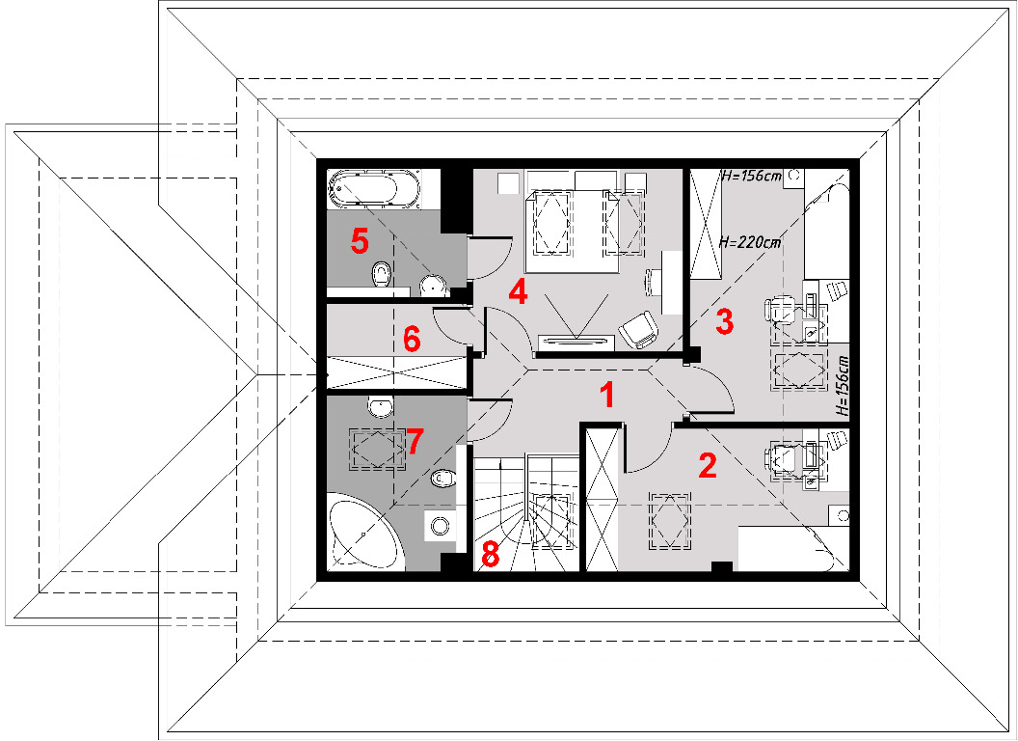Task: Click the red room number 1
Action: pos(607,395)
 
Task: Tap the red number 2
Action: pos(707,465)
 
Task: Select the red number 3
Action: pos(724,321)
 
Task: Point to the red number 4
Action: pos(518,291)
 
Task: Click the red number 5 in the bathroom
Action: pos(360,241)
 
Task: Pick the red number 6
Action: pos(412,339)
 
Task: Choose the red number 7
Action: pos(415,441)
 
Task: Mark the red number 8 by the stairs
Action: pos(490,555)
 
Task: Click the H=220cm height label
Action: pos(750,242)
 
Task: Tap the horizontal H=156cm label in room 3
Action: pos(752,176)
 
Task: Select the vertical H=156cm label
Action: pos(842,385)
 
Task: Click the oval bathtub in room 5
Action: pos(363,189)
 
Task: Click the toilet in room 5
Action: pos(382,274)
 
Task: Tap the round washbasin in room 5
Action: pos(433,286)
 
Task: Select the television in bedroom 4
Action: pos(576,340)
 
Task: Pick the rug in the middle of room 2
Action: pos(669,521)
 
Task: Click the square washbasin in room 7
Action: pos(441,525)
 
